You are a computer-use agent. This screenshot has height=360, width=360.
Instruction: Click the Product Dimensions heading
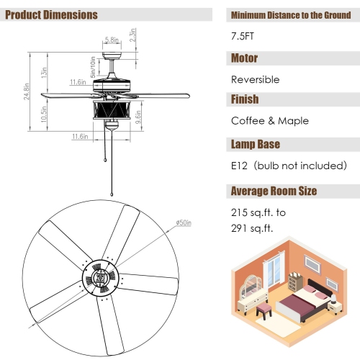coord(53,14)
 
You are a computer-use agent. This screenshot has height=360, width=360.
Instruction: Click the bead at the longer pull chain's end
coord(112,193)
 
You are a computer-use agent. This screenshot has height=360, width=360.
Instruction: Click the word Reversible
coord(255,79)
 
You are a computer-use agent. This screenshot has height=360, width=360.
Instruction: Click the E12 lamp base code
coord(240,166)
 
